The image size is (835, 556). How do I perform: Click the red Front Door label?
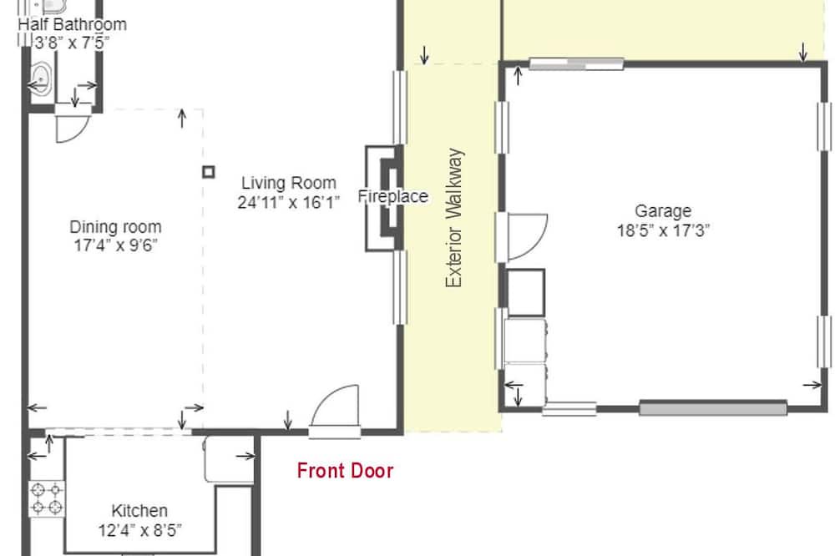345,471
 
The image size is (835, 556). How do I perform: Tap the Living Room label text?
289,183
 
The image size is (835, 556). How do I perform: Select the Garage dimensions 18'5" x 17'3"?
663,230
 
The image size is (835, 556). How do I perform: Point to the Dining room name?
115,227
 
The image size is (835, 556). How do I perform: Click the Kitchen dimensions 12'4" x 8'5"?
140,530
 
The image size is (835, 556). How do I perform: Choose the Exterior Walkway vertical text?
454,218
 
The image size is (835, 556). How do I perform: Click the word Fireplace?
393,196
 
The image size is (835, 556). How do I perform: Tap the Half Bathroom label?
73,24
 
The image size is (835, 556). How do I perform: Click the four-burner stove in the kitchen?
47,499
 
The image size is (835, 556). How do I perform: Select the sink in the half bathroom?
41,79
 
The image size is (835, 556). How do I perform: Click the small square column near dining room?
209,172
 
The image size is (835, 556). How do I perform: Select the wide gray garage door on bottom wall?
713,408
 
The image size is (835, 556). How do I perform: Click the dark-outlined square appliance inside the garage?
525,293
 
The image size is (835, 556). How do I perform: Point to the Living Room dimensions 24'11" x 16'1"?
289,203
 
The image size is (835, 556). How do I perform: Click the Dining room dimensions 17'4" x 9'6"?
115,245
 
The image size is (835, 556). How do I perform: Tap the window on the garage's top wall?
577,64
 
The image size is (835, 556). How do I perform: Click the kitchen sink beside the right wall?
229,460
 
